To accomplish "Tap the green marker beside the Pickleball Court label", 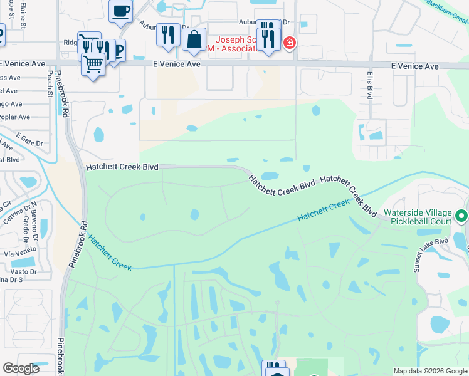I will tap(461, 216).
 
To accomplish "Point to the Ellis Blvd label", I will tap(369, 88).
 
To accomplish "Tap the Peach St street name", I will tap(50, 80).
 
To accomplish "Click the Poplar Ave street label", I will tap(15, 117).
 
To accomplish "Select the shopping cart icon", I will tap(93, 64).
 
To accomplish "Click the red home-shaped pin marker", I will tap(289, 43).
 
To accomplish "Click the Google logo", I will tap(21, 368).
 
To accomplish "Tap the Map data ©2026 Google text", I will tap(429, 371).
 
